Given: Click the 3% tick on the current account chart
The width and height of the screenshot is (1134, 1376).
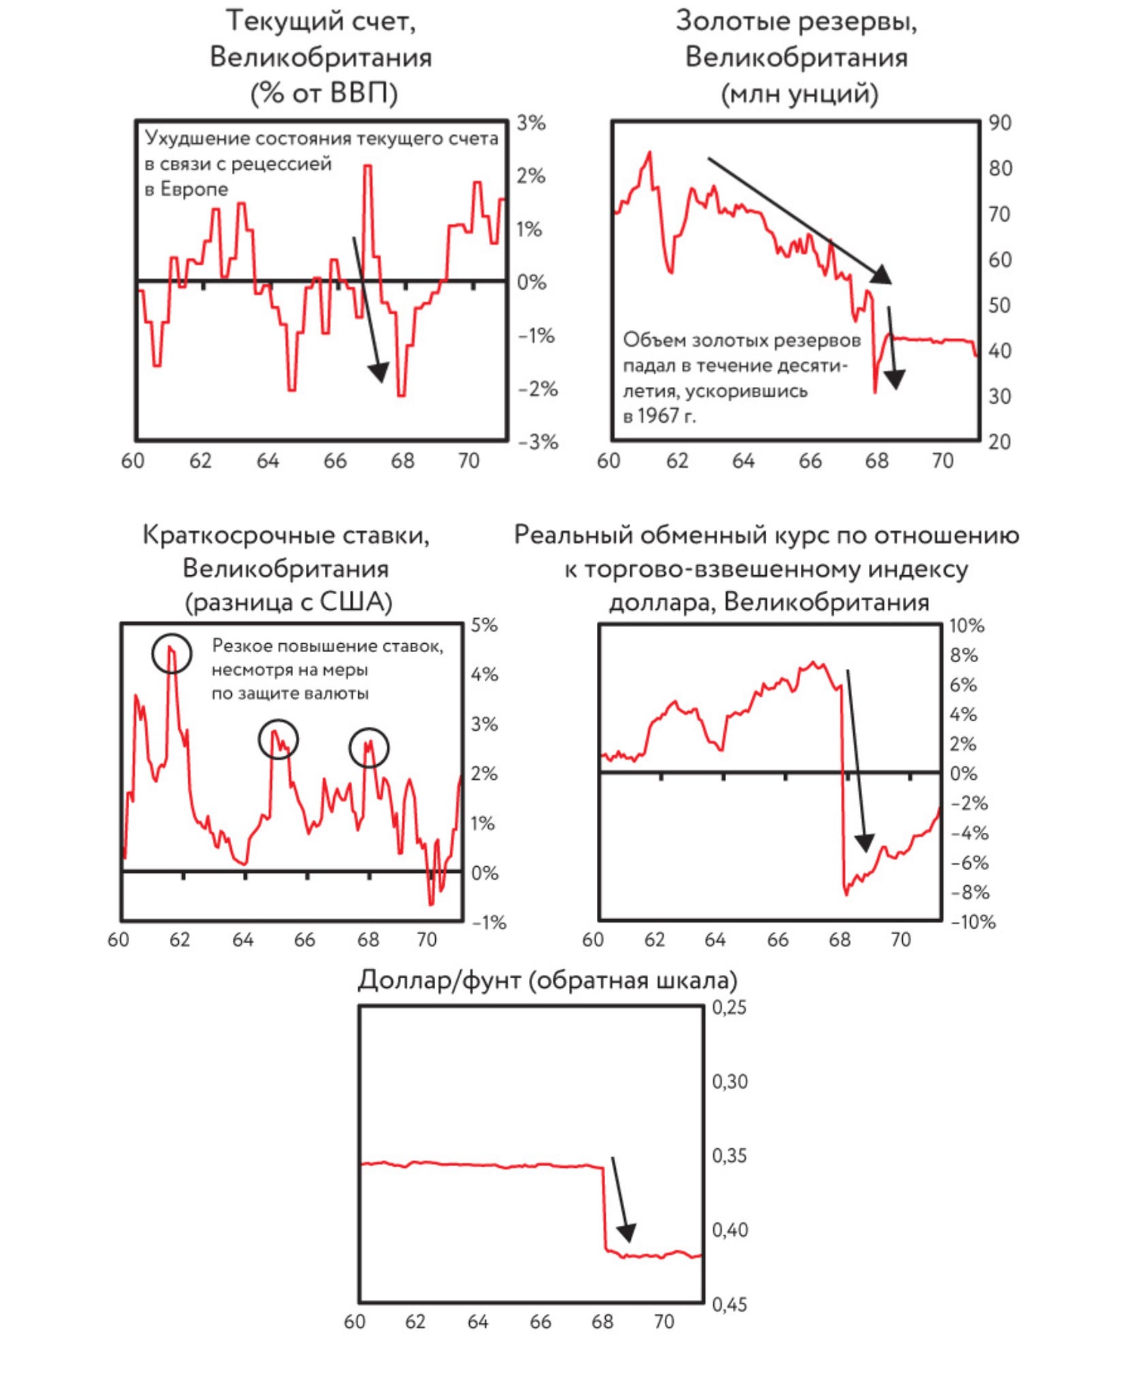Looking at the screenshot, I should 531,123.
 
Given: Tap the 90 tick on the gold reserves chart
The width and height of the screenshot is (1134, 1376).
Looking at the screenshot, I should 1000,123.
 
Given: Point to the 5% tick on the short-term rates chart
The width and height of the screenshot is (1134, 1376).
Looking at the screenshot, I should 484,625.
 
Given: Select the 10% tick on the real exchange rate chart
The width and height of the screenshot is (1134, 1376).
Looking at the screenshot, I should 967,625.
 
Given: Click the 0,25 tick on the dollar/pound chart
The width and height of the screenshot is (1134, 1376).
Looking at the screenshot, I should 729,1008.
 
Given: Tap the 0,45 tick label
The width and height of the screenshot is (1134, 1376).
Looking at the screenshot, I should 729,1305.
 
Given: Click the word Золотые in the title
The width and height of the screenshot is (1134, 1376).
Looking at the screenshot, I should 732,21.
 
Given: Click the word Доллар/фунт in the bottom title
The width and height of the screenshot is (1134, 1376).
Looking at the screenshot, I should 439,980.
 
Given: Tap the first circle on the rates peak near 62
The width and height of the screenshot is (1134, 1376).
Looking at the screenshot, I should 171,653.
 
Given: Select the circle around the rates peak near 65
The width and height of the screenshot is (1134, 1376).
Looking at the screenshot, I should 278,739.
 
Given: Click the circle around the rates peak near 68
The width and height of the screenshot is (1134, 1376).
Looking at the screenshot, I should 369,747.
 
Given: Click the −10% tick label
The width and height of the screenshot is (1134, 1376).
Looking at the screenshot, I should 973,923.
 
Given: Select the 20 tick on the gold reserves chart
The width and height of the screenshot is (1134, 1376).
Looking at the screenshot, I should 1000,442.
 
